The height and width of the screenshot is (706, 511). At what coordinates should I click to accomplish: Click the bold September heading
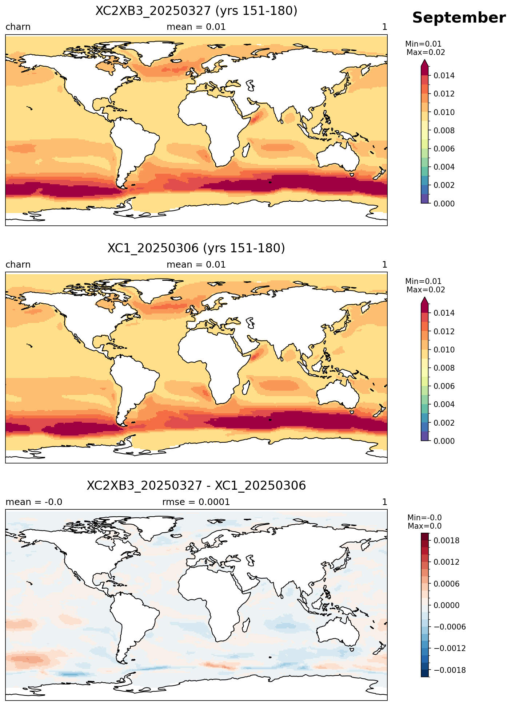point(459,18)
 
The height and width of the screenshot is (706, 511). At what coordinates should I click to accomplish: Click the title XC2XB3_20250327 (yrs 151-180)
point(196,11)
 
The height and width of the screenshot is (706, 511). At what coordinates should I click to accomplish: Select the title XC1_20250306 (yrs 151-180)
point(196,248)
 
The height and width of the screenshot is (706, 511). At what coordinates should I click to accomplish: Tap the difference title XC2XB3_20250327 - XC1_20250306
point(196,486)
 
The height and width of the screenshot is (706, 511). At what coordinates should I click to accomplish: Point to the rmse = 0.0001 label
point(196,502)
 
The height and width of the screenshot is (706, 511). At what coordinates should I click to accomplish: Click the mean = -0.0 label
point(34,502)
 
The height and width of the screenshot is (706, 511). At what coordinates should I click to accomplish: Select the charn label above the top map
point(18,27)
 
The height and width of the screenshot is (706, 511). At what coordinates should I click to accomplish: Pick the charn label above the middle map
point(18,265)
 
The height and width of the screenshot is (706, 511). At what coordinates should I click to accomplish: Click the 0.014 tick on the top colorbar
point(444,76)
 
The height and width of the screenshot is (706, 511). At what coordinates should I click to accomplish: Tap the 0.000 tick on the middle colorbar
point(444,441)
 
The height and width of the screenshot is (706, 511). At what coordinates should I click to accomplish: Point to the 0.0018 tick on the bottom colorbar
point(446,541)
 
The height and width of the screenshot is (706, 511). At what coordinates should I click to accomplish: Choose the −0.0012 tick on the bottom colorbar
point(446,648)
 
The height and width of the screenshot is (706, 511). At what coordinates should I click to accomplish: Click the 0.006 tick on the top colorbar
point(444,149)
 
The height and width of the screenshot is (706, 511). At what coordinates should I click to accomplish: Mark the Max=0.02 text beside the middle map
point(426,290)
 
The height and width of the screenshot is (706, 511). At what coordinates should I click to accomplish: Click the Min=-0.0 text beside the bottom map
point(424,518)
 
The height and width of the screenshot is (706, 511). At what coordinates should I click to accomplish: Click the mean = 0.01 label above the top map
point(196,27)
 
